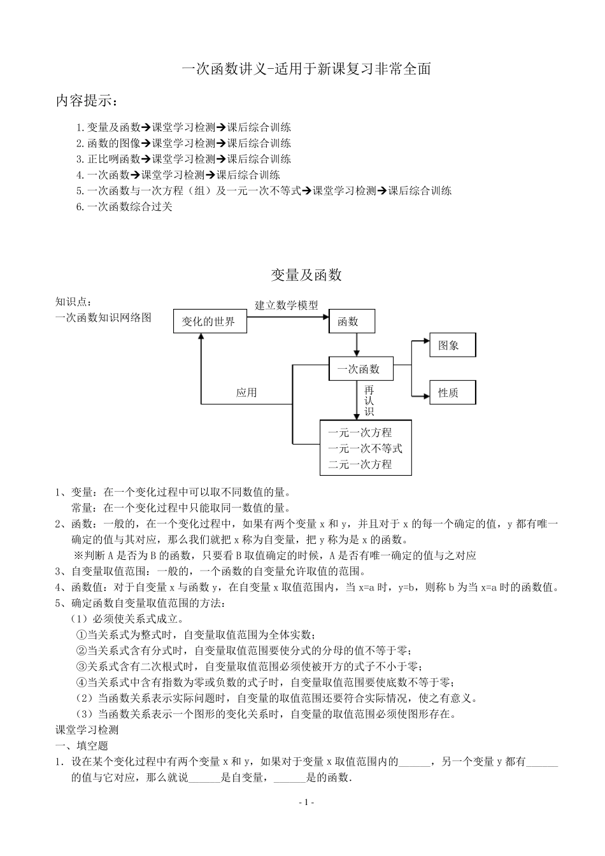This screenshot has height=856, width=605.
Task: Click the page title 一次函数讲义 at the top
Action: pos(306,69)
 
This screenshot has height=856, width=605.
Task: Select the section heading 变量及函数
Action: pos(306,275)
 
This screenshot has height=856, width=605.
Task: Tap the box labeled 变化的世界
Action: pos(209,322)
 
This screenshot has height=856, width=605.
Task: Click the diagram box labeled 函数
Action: pos(352,322)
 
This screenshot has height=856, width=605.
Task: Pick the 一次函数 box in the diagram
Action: pos(360,369)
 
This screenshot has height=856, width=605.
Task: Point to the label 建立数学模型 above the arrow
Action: pos(287,306)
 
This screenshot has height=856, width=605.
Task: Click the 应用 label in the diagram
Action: pos(246,393)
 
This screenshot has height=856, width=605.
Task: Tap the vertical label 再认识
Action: pos(369,401)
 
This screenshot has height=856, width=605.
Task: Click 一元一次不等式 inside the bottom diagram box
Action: pos(365,448)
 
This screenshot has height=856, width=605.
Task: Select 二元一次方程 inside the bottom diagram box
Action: pos(360,464)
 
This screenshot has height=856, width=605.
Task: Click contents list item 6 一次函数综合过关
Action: pos(124,206)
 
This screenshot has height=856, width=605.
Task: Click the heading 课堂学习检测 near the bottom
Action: pos(87,730)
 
